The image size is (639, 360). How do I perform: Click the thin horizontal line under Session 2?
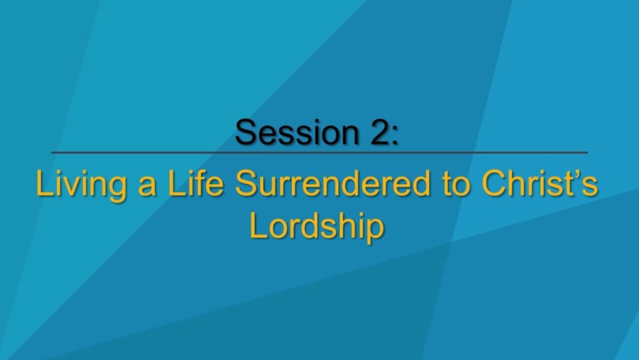(319, 153)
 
